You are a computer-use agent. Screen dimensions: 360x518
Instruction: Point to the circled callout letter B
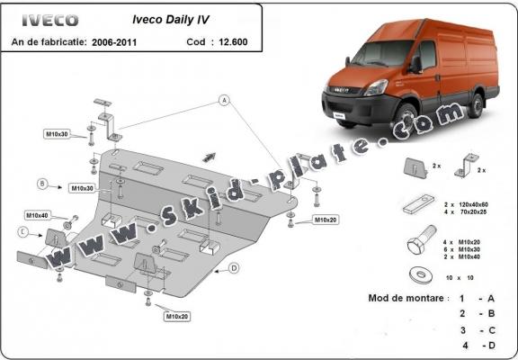pyautogui.click(x=41, y=184)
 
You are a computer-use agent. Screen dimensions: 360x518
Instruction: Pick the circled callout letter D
pyautogui.click(x=233, y=267)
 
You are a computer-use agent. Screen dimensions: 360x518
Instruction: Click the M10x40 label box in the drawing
pyautogui.click(x=38, y=216)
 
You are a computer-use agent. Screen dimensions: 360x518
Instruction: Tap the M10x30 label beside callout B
pyautogui.click(x=82, y=188)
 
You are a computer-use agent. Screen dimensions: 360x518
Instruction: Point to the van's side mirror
pyautogui.click(x=415, y=64)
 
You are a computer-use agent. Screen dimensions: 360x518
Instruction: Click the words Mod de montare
pyautogui.click(x=406, y=297)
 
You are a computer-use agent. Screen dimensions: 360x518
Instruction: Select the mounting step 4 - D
pyautogui.click(x=477, y=345)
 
